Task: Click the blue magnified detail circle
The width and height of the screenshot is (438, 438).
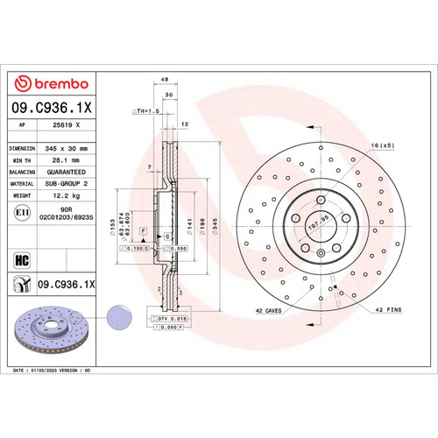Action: pos(117,314)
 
